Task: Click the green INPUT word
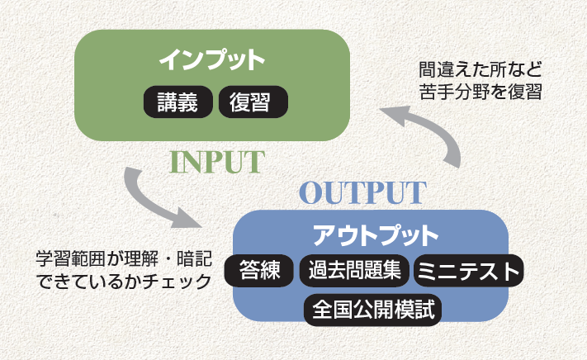(x=216, y=162)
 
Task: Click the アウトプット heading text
(x=376, y=235)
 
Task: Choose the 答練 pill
(x=260, y=271)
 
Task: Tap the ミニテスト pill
(x=467, y=271)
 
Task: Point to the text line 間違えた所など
(x=478, y=69)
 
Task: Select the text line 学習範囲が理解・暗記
(x=117, y=258)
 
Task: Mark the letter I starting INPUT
(x=175, y=162)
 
